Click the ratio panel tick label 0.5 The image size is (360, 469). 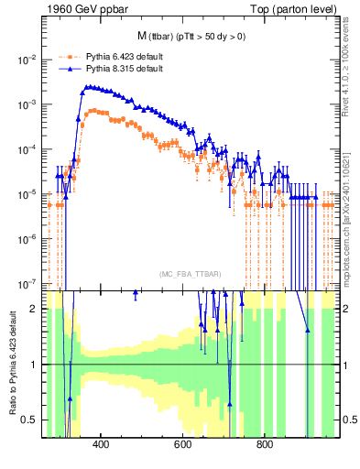click(31, 420)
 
